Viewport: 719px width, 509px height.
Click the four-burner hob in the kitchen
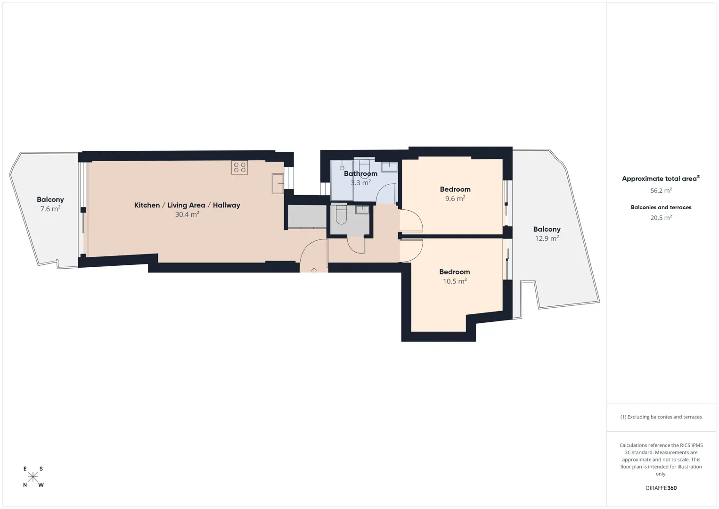click(x=239, y=167)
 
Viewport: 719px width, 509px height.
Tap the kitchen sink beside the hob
click(x=278, y=183)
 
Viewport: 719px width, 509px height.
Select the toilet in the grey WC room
click(x=341, y=214)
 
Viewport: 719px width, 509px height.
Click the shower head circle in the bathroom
click(x=342, y=168)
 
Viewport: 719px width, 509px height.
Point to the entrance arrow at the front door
click(x=314, y=271)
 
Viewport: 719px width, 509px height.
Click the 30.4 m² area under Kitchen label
click(x=187, y=214)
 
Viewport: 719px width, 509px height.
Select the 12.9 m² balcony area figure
click(x=547, y=238)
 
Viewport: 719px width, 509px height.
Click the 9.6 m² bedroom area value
click(x=455, y=198)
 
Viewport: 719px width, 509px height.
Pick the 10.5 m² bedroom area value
click(x=455, y=281)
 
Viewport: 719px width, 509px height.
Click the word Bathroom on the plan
click(x=360, y=174)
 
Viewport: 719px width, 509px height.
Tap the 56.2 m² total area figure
click(x=661, y=190)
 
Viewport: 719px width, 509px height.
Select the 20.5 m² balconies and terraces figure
click(x=661, y=217)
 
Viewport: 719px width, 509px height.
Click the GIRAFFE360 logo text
click(x=661, y=488)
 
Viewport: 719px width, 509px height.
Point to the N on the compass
click(x=25, y=485)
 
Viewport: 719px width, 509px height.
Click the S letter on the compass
click(x=41, y=468)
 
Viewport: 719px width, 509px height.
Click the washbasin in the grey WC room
click(x=362, y=210)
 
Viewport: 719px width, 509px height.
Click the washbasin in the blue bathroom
click(x=389, y=167)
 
